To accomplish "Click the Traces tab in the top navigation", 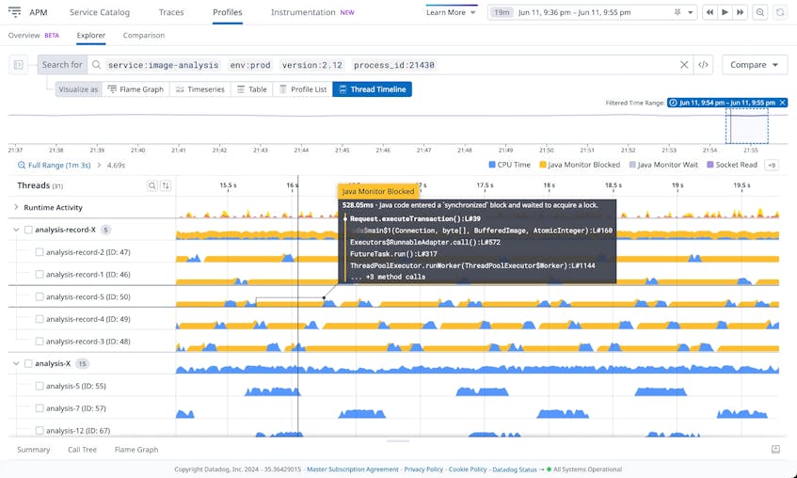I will [x=171, y=12].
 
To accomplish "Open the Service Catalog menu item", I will [x=100, y=12].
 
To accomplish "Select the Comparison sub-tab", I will [x=143, y=35].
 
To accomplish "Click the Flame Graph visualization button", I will [x=135, y=89].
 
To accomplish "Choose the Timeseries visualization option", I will [x=200, y=89].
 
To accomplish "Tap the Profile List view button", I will [x=303, y=89].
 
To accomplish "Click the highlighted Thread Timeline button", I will [x=372, y=89].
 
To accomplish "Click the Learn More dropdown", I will [x=451, y=12].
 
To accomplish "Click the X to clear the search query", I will [x=684, y=65].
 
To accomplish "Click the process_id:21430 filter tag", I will [x=394, y=66].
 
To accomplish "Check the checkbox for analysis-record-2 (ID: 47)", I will [x=40, y=252].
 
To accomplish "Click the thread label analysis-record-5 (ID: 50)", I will [x=88, y=297].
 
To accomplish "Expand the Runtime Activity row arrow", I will [x=16, y=207].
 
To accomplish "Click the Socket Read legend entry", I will [x=735, y=165].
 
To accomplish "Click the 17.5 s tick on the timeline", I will [x=485, y=185].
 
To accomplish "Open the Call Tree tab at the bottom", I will [x=82, y=450].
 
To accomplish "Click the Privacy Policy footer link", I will [x=422, y=469].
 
